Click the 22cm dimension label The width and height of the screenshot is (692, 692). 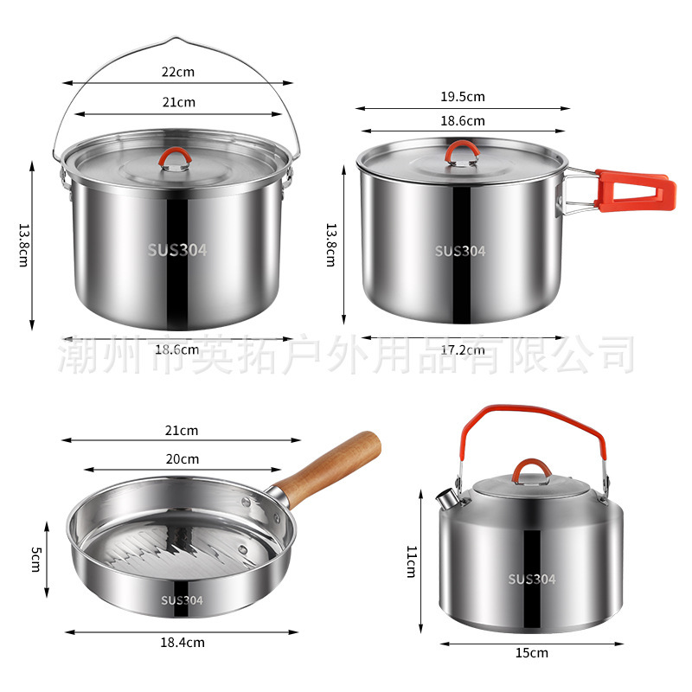[x=178, y=72]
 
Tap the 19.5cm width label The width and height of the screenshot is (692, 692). [x=463, y=96]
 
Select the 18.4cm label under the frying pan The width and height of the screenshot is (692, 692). [x=183, y=642]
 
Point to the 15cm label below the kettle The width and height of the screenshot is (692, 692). [x=532, y=653]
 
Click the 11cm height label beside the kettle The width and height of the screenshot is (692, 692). [x=412, y=561]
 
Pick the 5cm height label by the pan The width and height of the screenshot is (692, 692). [x=36, y=559]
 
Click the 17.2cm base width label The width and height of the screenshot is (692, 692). [x=463, y=350]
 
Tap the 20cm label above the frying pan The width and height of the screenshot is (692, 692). [x=183, y=459]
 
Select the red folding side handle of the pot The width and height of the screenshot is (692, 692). [x=636, y=190]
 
